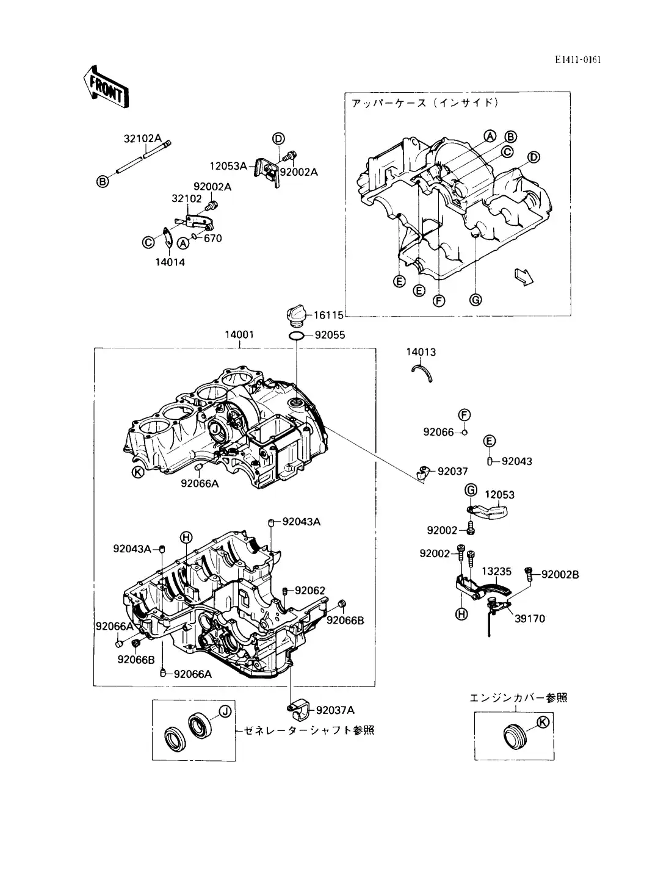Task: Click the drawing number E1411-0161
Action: pos(578,60)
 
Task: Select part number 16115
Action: pos(329,315)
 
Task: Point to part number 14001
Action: pos(239,335)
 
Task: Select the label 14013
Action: pos(421,352)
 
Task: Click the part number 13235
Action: pos(496,572)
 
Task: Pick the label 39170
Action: pos(530,618)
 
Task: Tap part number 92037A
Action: pos(335,710)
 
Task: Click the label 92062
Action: pos(309,590)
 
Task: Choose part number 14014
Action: pos(170,262)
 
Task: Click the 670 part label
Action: pos(213,238)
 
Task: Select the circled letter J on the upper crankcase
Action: pos(215,430)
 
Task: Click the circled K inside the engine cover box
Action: pos(541,722)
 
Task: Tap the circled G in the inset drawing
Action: pos(476,300)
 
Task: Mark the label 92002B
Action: pos(560,574)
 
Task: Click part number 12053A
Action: pos(228,165)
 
